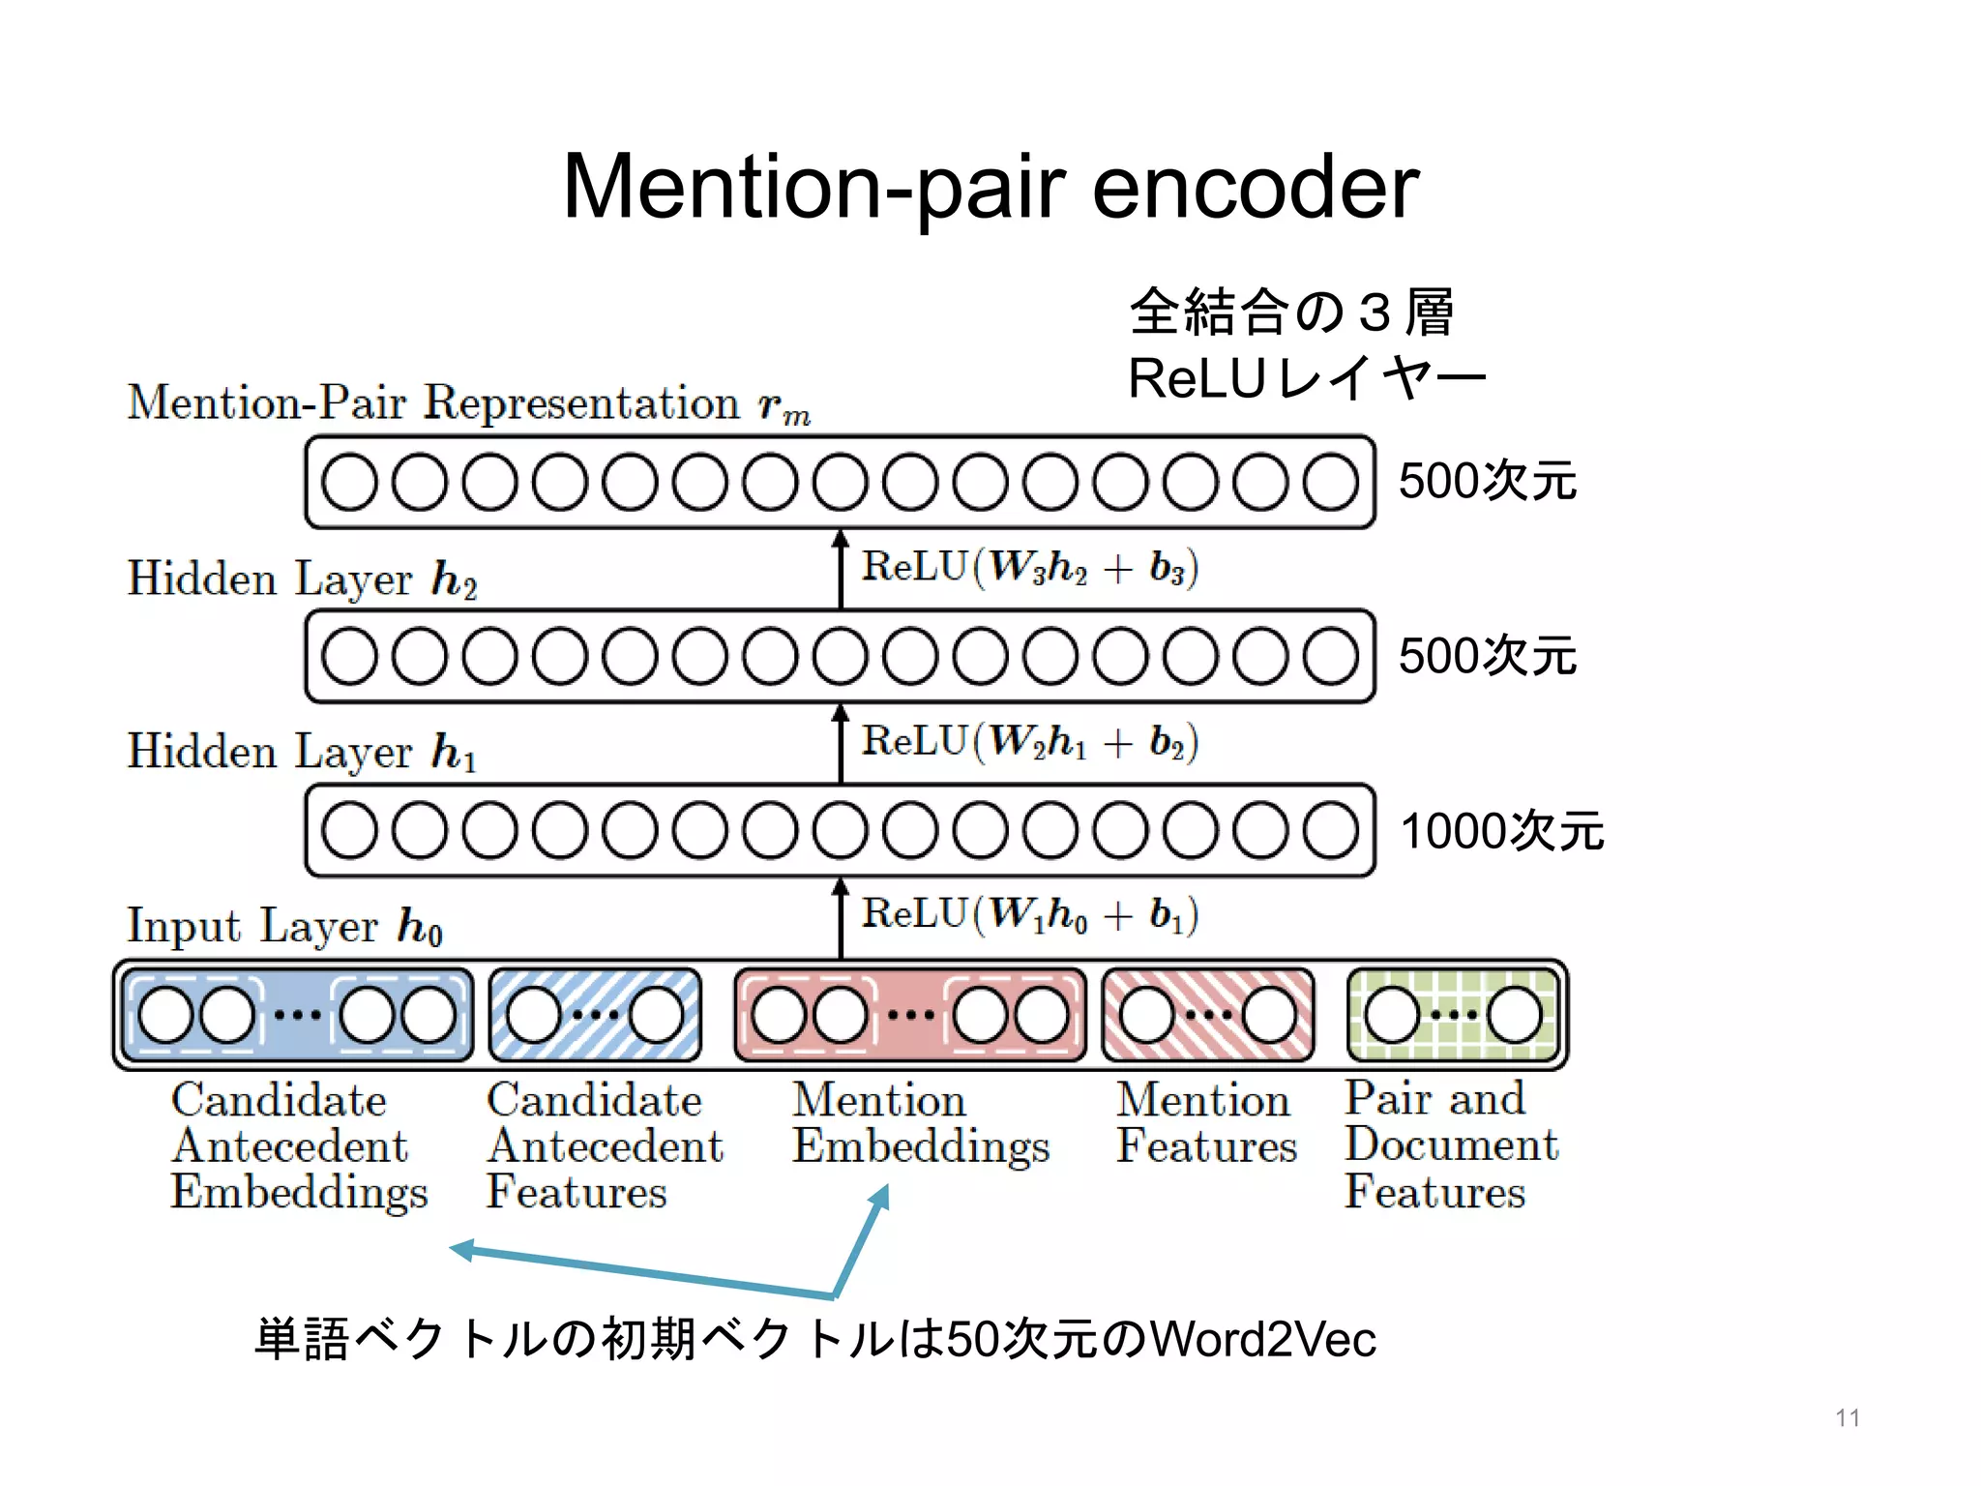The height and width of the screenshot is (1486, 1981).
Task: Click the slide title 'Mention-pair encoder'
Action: pyautogui.click(x=990, y=187)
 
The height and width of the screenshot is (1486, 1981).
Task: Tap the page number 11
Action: pyautogui.click(x=1848, y=1418)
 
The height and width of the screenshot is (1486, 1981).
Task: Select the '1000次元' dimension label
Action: pyautogui.click(x=1502, y=831)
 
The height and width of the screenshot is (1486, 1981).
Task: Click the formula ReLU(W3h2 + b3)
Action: pyautogui.click(x=1030, y=568)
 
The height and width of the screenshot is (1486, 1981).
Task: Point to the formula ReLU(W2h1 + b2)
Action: pyautogui.click(x=1030, y=742)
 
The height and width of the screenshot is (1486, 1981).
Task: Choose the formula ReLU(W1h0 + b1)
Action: pyautogui.click(x=1030, y=914)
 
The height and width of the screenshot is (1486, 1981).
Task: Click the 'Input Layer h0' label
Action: pyautogui.click(x=285, y=926)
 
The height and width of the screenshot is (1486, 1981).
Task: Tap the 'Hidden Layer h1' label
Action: pyautogui.click(x=302, y=752)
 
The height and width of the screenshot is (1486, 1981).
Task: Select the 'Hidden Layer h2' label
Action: pyautogui.click(x=302, y=579)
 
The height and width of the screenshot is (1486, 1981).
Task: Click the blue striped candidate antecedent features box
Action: pyautogui.click(x=595, y=1015)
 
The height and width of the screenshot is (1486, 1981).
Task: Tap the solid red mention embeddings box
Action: pyautogui.click(x=910, y=1015)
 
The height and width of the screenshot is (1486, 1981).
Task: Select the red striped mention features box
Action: pyautogui.click(x=1208, y=1015)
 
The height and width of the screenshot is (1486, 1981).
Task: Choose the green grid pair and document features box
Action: pyautogui.click(x=1454, y=1015)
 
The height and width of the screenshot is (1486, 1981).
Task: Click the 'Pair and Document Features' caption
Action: pyautogui.click(x=1451, y=1144)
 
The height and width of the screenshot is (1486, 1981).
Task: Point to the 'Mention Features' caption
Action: pyautogui.click(x=1205, y=1123)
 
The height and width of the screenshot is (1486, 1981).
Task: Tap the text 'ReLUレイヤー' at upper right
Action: pyautogui.click(x=1306, y=377)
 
